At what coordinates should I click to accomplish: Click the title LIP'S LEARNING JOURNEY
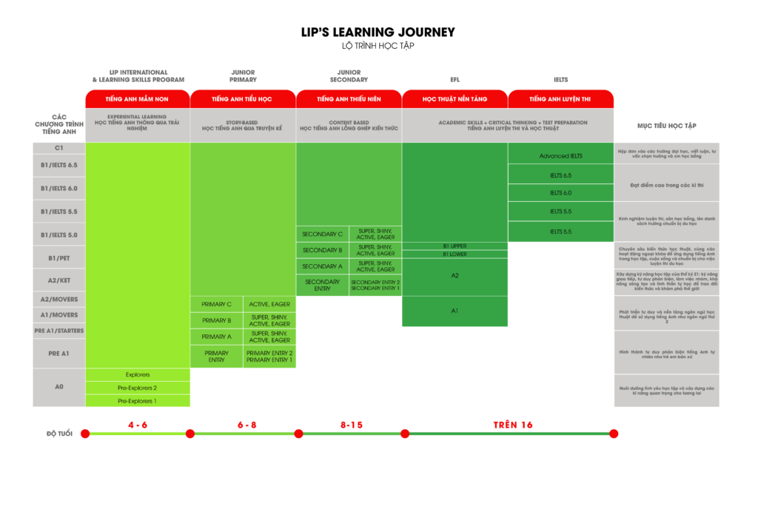click(x=378, y=33)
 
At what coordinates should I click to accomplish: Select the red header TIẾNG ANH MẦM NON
click(x=138, y=99)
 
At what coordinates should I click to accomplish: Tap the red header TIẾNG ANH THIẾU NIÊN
click(x=349, y=99)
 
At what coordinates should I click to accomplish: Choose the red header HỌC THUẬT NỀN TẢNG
click(x=455, y=99)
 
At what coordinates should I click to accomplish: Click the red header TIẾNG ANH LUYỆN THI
click(x=560, y=99)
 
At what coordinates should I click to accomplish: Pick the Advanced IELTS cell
click(x=560, y=156)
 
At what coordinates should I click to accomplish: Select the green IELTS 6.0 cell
click(x=560, y=193)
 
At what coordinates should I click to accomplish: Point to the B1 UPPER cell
click(x=455, y=246)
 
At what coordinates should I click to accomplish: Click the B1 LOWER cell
click(x=455, y=254)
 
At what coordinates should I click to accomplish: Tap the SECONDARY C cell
click(x=322, y=235)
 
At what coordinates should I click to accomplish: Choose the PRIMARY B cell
click(x=217, y=320)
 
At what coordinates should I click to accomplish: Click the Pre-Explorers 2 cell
click(x=138, y=388)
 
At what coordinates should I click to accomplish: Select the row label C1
click(x=58, y=148)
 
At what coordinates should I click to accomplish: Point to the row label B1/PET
click(x=58, y=258)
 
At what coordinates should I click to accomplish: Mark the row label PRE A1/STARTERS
click(x=58, y=331)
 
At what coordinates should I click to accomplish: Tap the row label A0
click(x=58, y=387)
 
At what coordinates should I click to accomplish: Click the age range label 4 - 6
click(x=138, y=425)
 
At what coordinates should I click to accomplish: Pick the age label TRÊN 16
click(x=513, y=425)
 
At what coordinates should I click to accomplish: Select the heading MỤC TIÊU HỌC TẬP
click(x=666, y=126)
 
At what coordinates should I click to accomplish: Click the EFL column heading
click(x=455, y=80)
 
